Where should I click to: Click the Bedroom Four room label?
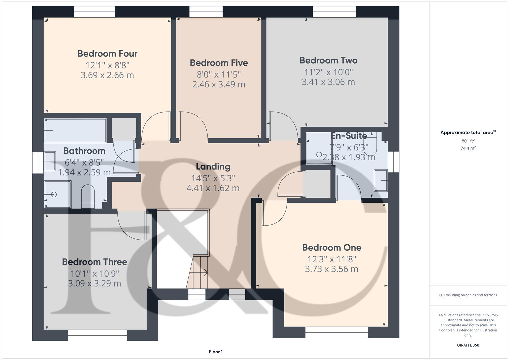[107, 54]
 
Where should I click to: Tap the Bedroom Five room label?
[219, 63]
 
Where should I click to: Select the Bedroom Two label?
[328, 61]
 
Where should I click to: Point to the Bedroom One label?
[332, 248]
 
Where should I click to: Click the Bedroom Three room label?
[95, 262]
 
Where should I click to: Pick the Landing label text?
[213, 167]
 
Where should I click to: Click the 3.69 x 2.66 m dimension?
[107, 75]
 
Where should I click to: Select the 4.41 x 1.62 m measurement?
[213, 188]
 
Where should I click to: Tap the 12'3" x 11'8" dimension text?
[332, 259]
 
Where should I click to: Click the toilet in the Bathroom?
[88, 196]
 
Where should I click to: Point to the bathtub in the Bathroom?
[75, 130]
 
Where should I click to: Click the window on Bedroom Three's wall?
[97, 335]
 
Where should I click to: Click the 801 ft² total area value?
[468, 141]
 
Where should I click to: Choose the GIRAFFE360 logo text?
[468, 345]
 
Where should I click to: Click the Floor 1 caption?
[216, 352]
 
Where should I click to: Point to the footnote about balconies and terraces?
[468, 295]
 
